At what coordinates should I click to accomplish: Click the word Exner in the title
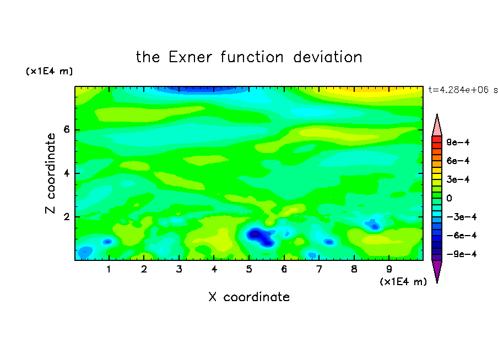(x=190, y=57)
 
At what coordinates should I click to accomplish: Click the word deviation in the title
(x=327, y=57)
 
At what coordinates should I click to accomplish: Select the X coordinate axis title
(x=249, y=297)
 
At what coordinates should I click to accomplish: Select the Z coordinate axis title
(x=50, y=173)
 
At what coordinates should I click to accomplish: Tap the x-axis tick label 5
(x=249, y=269)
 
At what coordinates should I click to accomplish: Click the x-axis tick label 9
(x=389, y=269)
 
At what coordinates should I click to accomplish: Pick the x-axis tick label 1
(x=109, y=269)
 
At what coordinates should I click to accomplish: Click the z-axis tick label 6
(x=66, y=129)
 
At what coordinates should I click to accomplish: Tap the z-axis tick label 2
(x=66, y=217)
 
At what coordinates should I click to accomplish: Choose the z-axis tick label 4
(x=66, y=173)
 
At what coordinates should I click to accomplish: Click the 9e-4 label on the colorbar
(x=458, y=142)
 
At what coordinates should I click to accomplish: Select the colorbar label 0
(x=449, y=198)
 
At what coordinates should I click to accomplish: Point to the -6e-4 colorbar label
(x=462, y=236)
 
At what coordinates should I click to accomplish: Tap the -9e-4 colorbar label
(x=462, y=254)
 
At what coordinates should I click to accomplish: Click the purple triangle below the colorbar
(x=437, y=270)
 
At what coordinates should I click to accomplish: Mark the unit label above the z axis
(x=49, y=71)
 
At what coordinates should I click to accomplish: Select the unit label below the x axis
(x=403, y=282)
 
